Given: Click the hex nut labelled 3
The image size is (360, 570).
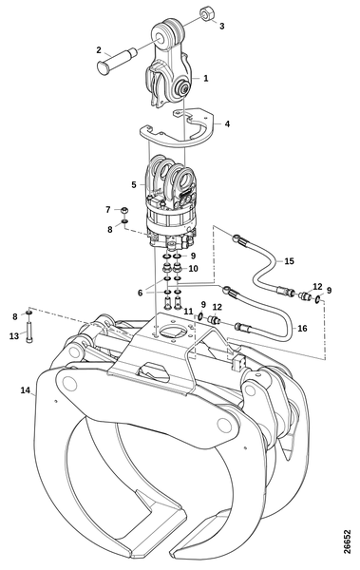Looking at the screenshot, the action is click(208, 14).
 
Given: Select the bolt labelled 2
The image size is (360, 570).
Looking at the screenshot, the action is click(117, 60).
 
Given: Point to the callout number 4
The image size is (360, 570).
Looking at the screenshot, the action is click(227, 123).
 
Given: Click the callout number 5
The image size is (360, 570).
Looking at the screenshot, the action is click(134, 185).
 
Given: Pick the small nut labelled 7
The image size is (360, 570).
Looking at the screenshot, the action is click(124, 210).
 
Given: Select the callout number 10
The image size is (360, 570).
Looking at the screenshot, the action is click(193, 269).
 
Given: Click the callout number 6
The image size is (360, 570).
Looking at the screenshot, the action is click(141, 292).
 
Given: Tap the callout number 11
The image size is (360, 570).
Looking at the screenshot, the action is click(188, 312).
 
